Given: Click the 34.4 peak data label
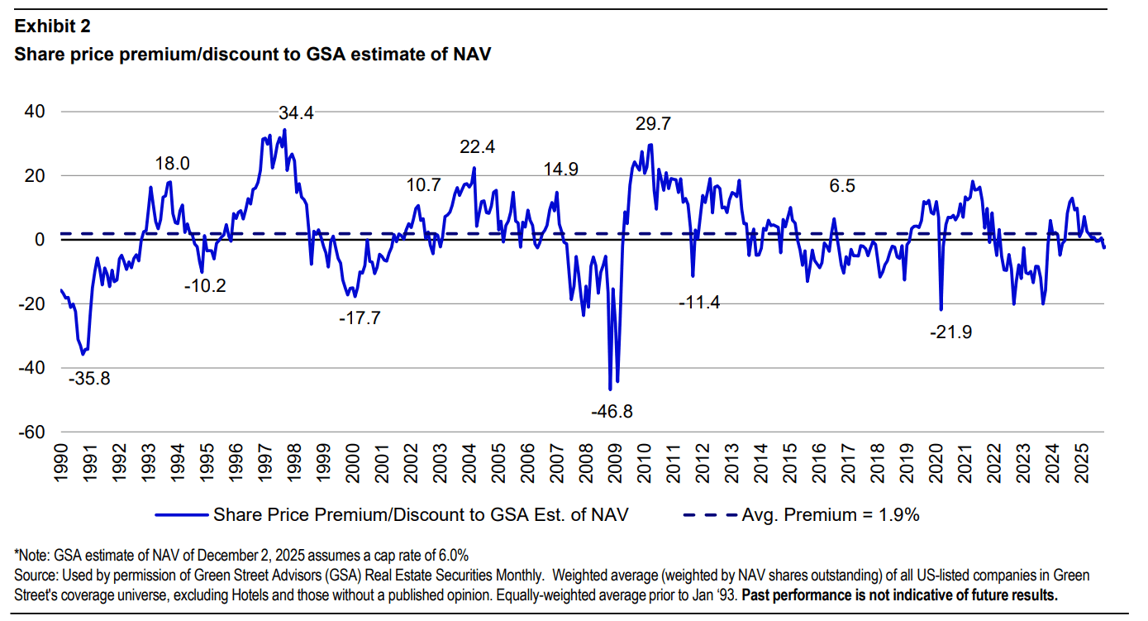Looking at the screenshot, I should tap(297, 112).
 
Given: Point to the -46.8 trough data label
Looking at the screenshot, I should tap(612, 411).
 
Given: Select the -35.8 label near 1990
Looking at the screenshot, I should tap(89, 380).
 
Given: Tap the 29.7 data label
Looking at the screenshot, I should tap(653, 124).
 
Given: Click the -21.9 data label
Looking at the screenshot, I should tap(950, 332).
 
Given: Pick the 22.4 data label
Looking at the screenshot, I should tap(478, 147).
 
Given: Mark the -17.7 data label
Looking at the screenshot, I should tap(360, 318).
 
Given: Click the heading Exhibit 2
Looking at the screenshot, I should tap(53, 26).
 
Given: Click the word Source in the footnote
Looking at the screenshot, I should tap(35, 575).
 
